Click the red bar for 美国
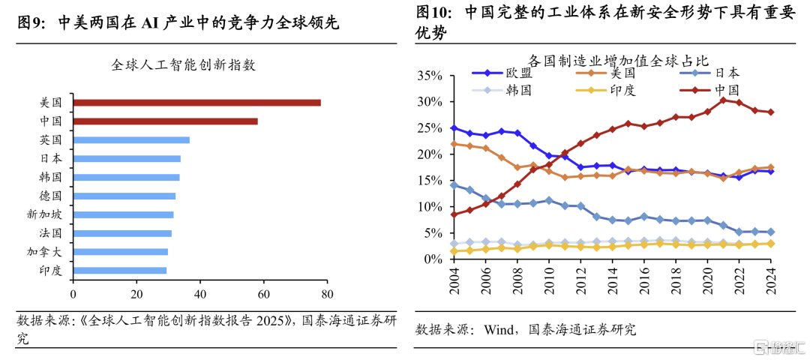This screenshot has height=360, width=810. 196,103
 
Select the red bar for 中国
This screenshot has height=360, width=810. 165,121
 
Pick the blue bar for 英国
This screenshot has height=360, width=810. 131,140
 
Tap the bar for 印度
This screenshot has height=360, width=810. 120,270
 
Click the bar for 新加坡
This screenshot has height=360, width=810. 124,214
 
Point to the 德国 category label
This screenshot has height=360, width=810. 51,196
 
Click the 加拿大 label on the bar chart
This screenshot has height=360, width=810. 46,252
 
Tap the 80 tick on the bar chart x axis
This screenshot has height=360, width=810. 326,294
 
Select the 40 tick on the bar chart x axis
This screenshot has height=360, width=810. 199,294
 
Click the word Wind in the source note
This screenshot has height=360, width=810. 500,328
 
